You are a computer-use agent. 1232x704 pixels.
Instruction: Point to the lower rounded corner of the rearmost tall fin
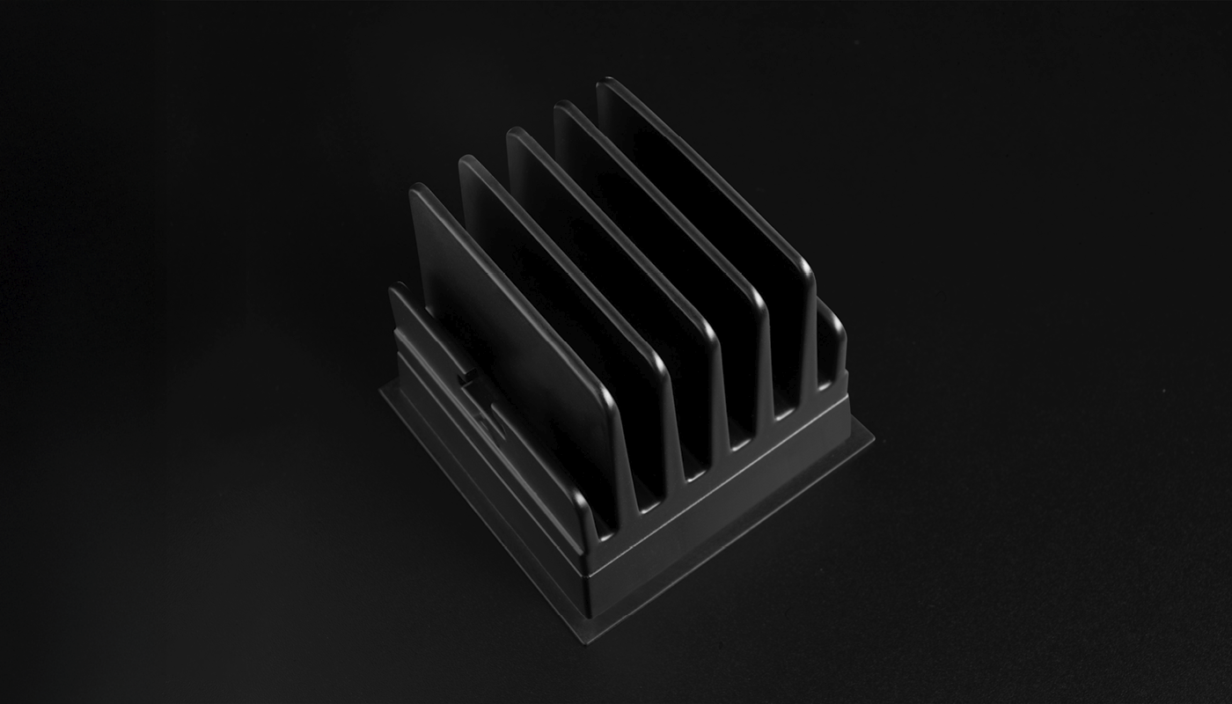coord(803,264)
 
